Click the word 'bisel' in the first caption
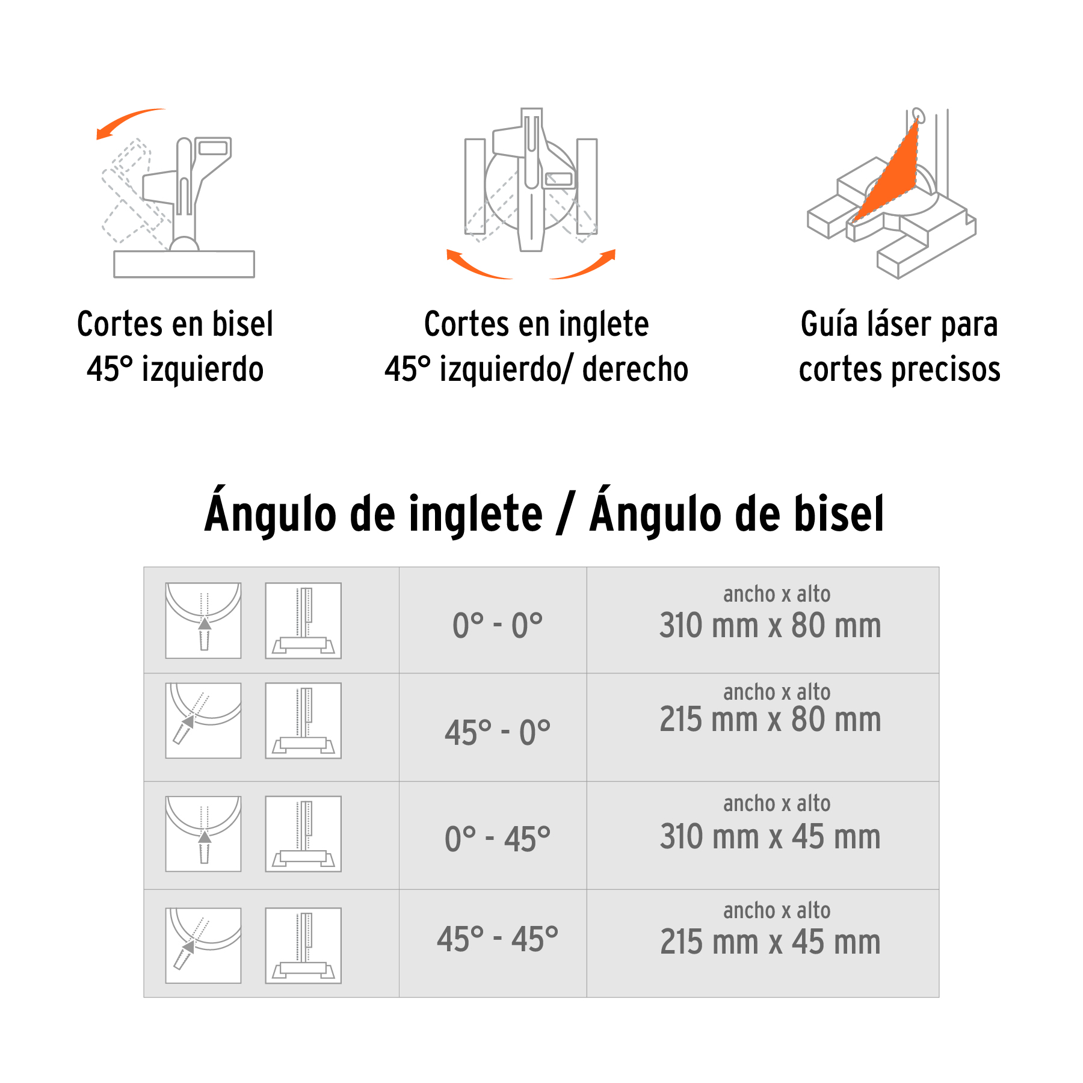pos(242,324)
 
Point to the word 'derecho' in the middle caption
pos(635,369)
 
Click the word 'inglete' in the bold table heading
pos(475,514)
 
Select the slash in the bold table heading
pos(566,514)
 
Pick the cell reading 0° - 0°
pos(497,626)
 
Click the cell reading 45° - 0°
pos(497,733)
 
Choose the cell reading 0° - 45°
pos(497,839)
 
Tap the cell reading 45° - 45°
pos(497,939)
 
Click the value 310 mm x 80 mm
pos(770,626)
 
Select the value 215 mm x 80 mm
pos(770,720)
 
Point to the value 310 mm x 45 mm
pos(770,837)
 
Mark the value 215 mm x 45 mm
pos(770,942)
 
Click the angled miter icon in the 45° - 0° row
pos(203,720)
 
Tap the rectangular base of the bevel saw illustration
pos(184,264)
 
